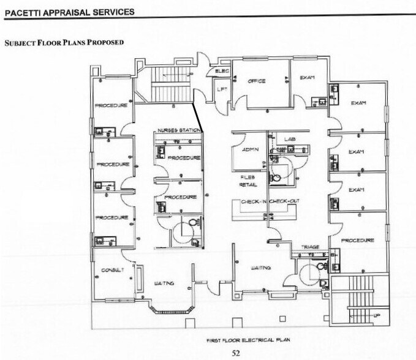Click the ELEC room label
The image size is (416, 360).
point(222,72)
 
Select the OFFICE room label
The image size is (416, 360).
point(256,81)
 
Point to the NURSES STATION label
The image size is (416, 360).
point(179,131)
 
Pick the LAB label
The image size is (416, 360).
point(290,140)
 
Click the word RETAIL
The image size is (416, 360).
point(248,184)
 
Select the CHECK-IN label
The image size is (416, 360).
point(253,201)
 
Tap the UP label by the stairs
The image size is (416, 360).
point(377,315)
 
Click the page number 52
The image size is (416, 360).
point(235,352)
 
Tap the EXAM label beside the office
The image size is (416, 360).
point(307,78)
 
